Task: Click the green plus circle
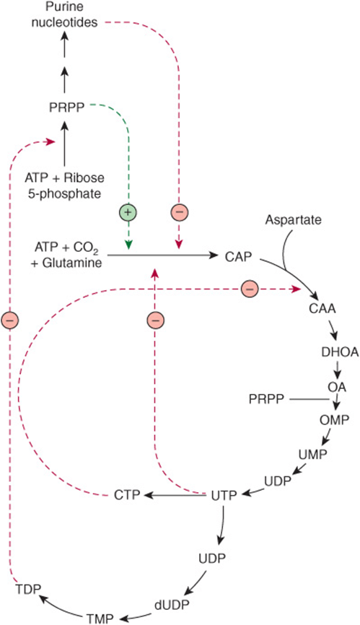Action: point(128,212)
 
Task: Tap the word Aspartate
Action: point(294,219)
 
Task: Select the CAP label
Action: point(238,257)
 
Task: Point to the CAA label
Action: point(322,308)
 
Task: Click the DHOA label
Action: point(340,352)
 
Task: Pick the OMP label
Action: point(335,419)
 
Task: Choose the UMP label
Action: point(312,454)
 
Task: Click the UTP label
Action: point(224,496)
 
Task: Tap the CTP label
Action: point(127,496)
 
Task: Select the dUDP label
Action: point(172,603)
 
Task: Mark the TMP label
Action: point(100,619)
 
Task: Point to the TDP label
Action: point(28,590)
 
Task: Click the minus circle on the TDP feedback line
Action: point(9,320)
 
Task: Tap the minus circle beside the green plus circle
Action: point(179,212)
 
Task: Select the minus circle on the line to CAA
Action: point(250,288)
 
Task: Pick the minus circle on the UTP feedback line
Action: point(155,320)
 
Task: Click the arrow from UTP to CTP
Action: point(175,496)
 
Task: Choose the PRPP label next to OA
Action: point(266,398)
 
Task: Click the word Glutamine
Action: point(74,263)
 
